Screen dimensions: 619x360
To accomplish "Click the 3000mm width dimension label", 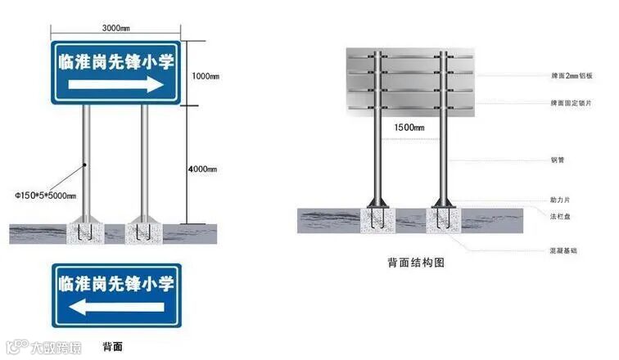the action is (115, 28).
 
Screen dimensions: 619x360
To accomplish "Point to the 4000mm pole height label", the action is (202, 169).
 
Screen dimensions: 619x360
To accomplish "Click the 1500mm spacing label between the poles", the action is (409, 128).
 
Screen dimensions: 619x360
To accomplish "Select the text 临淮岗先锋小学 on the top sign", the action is (116, 61).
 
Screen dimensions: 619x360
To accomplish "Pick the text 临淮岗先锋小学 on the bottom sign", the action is (115, 284).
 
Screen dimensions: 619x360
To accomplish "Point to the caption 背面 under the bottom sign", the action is (113, 347).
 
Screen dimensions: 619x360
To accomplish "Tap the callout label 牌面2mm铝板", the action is (571, 76).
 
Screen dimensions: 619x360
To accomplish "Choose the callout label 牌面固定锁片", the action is (571, 103).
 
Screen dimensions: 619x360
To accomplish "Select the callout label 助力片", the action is (560, 200).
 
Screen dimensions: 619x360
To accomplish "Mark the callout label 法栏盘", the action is (560, 215).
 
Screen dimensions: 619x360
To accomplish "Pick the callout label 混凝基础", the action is (563, 250).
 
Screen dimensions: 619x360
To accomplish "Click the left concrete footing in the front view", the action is (84, 232).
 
